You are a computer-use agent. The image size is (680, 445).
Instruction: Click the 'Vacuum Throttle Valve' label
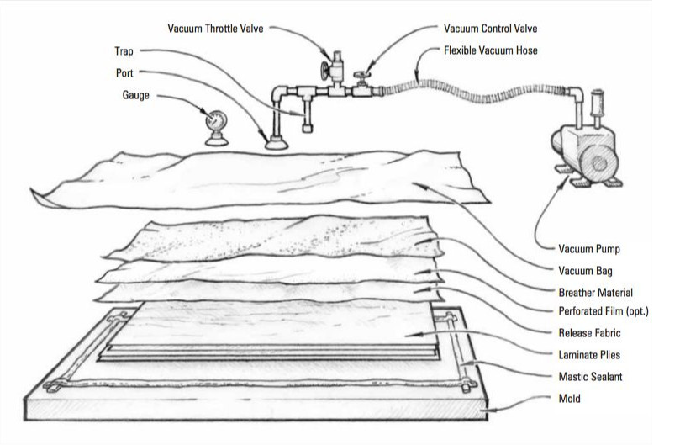pyautogui.click(x=216, y=28)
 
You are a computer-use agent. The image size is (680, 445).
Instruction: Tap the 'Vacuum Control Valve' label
pyautogui.click(x=491, y=29)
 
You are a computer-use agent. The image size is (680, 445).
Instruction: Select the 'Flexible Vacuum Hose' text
pyautogui.click(x=490, y=50)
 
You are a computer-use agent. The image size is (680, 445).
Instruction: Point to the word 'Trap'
pyautogui.click(x=124, y=51)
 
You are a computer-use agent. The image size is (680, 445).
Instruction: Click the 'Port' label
pyautogui.click(x=124, y=73)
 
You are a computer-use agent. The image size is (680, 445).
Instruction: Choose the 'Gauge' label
pyautogui.click(x=135, y=95)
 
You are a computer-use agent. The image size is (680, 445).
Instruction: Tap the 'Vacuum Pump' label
pyautogui.click(x=588, y=249)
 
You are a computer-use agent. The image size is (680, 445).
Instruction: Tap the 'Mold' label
pyautogui.click(x=570, y=398)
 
